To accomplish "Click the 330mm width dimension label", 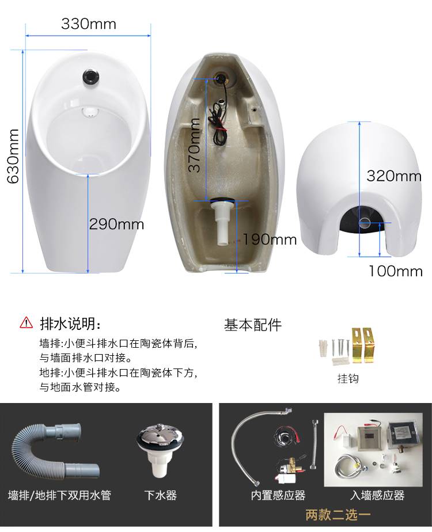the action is (89, 24).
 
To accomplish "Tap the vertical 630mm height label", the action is (13, 157).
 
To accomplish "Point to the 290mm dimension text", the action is (116, 225).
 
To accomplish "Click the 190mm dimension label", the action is (270, 240).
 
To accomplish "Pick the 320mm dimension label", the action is (394, 176).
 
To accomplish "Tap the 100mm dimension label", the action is (396, 271).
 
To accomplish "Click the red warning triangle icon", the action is (26, 322).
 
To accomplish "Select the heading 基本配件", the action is (253, 325).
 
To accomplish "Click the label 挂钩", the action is (348, 378).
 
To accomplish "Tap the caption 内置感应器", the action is (278, 495).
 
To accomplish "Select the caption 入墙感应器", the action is (377, 495).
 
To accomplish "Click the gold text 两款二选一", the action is (338, 515).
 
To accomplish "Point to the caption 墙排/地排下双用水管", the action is (59, 495).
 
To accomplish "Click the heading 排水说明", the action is (71, 324).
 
